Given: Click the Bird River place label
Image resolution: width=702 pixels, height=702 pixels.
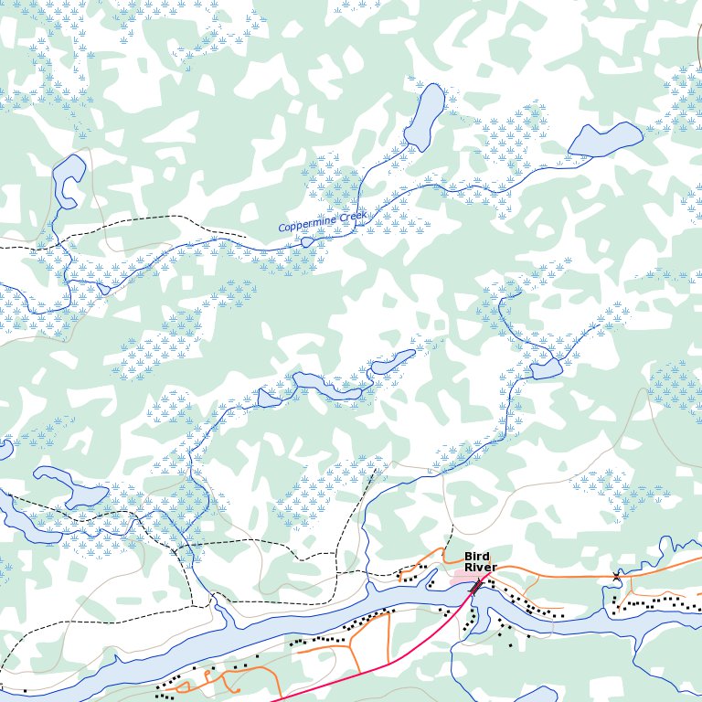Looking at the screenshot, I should [480, 562].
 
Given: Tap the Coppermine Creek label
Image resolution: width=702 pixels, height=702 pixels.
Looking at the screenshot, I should [322, 222].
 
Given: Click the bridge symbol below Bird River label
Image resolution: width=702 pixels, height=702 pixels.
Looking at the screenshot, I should [475, 586].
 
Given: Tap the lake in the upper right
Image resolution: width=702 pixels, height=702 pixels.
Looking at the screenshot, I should [605, 140].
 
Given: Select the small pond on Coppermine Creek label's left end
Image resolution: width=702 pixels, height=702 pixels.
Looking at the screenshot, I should [308, 242].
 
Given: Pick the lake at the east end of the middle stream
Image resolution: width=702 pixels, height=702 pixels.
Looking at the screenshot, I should [546, 369].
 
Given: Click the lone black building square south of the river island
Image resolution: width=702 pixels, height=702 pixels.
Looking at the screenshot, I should [510, 646].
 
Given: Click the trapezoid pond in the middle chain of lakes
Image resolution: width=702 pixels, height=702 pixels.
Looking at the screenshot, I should [268, 397].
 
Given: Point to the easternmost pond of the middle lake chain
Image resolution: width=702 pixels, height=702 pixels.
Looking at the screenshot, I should [393, 361].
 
